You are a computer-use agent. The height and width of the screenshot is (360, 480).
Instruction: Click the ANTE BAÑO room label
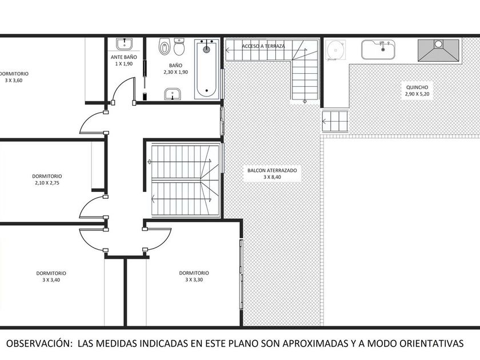[x=123, y=57]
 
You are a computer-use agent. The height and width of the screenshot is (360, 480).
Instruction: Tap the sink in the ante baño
[x=125, y=44]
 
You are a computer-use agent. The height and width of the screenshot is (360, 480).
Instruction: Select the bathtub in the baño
[x=207, y=69]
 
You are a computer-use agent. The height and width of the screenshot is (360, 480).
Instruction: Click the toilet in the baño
[x=179, y=46]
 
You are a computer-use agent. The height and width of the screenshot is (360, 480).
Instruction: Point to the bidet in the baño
[x=165, y=46]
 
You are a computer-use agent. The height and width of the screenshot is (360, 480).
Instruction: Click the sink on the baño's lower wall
[x=173, y=94]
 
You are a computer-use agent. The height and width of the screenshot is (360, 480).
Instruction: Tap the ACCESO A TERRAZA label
[x=263, y=46]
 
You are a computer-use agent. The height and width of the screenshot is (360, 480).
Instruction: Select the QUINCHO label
[x=417, y=87]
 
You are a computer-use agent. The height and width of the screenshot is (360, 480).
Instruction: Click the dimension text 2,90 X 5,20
[x=417, y=94]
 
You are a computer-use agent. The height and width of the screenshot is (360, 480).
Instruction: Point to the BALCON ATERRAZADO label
[x=272, y=170]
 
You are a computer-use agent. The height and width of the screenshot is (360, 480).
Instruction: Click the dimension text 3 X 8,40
[x=272, y=177]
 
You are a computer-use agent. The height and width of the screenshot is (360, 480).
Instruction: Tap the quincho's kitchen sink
[x=378, y=50]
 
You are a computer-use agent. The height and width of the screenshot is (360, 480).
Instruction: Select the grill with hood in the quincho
[x=438, y=50]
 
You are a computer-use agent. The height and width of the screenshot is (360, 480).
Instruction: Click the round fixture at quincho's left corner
[x=335, y=50]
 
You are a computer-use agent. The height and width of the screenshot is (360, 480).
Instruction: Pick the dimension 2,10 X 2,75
[x=47, y=183]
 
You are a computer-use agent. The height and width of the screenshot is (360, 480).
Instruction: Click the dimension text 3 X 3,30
[x=194, y=279]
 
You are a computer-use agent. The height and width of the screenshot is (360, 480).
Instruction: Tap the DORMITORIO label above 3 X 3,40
[x=51, y=273]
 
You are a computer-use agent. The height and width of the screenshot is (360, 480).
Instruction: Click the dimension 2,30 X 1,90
[x=175, y=72]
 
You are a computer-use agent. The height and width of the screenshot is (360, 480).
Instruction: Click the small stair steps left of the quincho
[x=335, y=121]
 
